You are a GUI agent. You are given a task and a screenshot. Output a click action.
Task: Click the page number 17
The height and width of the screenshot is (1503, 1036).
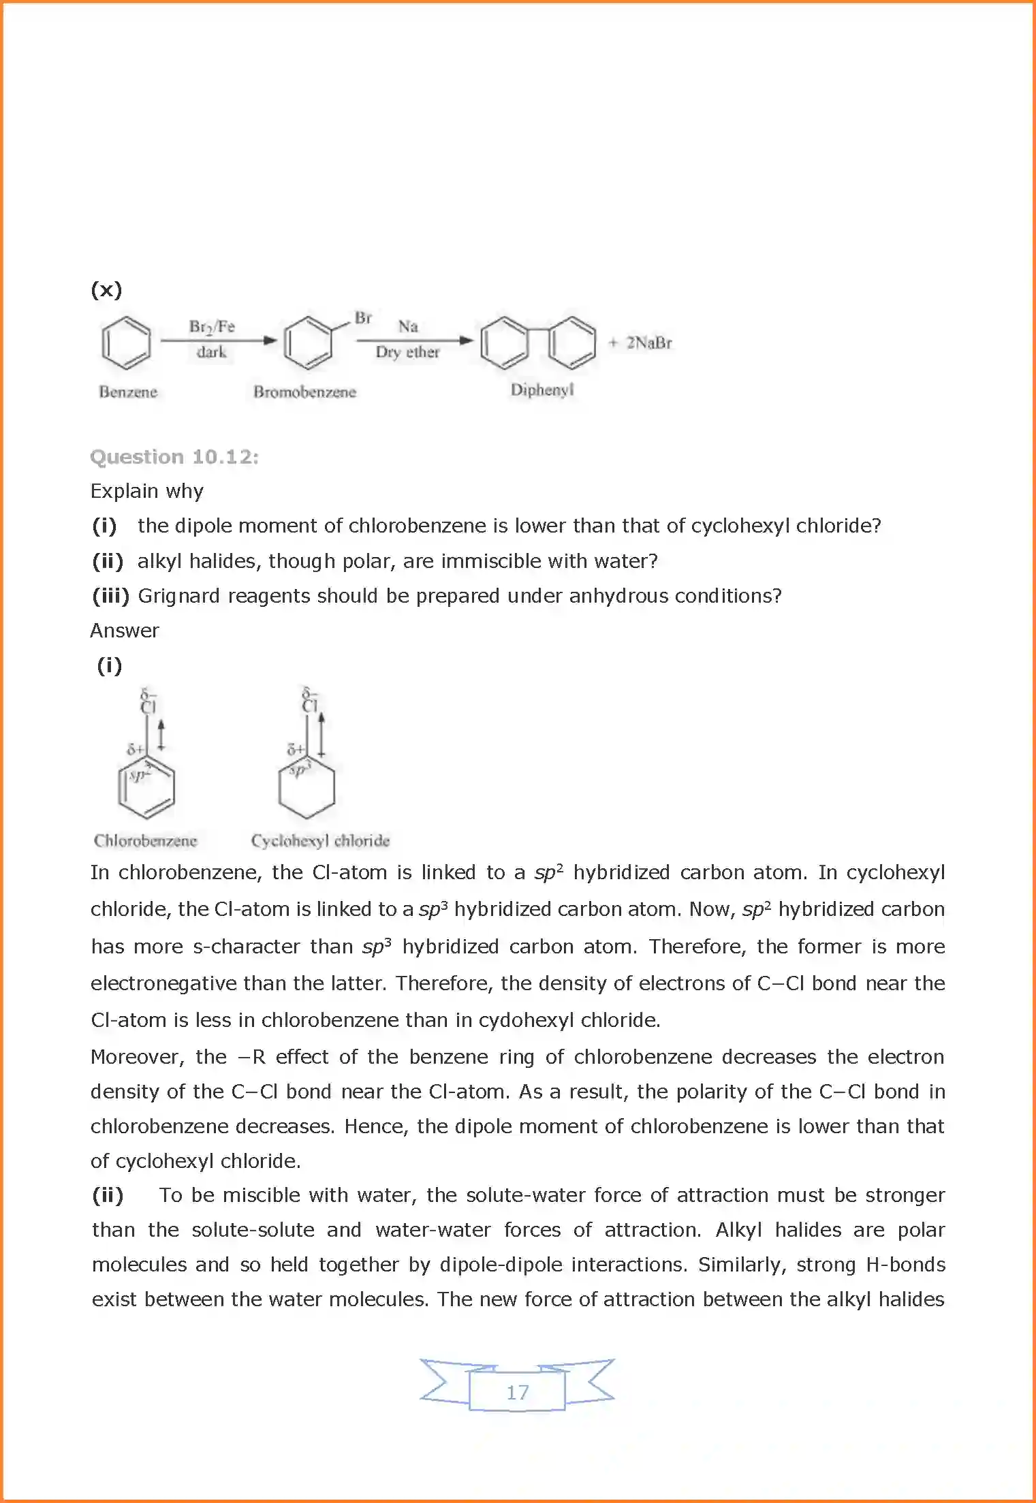[517, 1392]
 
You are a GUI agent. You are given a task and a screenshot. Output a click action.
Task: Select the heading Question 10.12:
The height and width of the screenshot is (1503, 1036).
[174, 456]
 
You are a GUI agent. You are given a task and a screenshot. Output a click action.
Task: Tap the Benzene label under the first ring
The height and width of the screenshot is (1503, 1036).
[128, 392]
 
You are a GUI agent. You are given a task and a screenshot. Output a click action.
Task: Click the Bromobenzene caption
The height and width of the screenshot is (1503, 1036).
[304, 392]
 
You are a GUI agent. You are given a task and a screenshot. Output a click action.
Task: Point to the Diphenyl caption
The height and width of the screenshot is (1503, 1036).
[542, 390]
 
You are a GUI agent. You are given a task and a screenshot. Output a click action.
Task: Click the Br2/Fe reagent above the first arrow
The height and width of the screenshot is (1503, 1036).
[212, 327]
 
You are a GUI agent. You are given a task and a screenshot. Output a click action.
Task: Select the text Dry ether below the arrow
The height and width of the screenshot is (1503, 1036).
[407, 352]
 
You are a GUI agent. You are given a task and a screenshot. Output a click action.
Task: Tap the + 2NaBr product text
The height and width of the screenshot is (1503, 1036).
[641, 343]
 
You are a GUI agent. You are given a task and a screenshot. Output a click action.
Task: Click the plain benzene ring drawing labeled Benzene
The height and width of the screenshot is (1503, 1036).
[126, 343]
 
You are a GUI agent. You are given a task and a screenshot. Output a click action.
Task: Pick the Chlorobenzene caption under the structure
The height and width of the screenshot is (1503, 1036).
[145, 840]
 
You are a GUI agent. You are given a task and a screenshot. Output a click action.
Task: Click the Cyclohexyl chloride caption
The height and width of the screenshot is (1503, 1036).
[320, 840]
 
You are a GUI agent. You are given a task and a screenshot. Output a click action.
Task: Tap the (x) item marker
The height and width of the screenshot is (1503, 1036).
[106, 289]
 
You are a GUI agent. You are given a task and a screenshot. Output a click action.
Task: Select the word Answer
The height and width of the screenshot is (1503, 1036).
[125, 631]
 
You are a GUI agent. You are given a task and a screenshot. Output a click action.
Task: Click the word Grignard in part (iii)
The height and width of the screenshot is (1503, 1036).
[178, 596]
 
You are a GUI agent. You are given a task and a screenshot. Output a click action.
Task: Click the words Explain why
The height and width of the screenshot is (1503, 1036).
[147, 491]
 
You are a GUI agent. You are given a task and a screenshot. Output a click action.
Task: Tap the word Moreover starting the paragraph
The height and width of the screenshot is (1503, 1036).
[137, 1057]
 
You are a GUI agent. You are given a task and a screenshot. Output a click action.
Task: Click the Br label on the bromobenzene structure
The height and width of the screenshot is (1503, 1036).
[363, 318]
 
